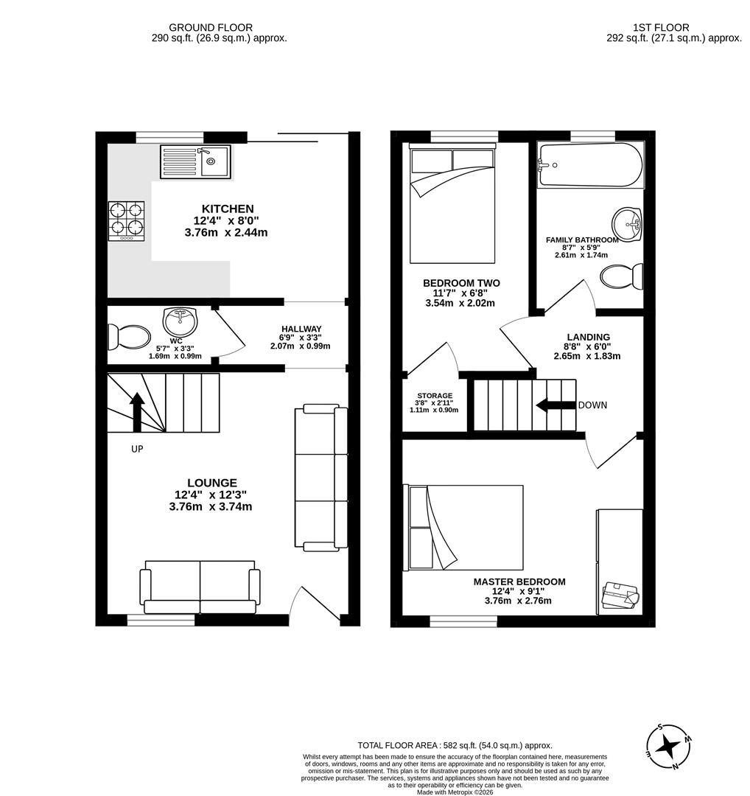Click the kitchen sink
tap(195, 161)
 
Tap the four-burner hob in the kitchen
tap(126, 220)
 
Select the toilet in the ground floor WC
tap(129, 338)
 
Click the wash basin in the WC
tap(178, 322)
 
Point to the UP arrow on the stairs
tap(137, 411)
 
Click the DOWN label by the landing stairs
tap(592, 405)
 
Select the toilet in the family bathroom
tap(621, 277)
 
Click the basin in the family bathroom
tap(627, 224)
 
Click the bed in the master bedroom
tap(466, 527)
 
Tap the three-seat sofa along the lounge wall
tap(321, 478)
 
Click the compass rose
tap(669, 747)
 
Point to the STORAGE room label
tap(434, 396)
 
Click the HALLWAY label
tap(301, 329)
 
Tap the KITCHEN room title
tap(228, 209)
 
